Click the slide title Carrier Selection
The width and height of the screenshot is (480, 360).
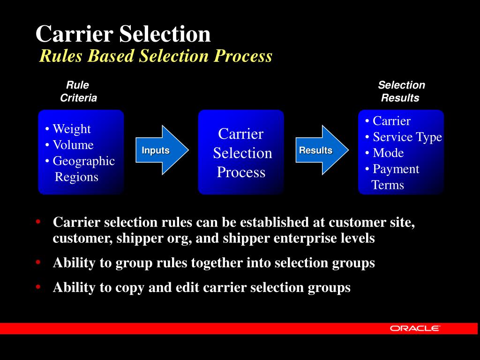(123, 34)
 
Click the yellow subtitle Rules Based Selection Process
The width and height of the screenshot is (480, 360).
(156, 56)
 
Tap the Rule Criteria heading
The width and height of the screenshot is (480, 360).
(78, 91)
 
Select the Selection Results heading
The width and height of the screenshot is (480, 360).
(401, 91)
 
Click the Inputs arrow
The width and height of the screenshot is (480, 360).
(159, 150)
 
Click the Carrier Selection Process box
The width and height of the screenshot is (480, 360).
(241, 152)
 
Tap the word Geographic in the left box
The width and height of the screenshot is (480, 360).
(83, 161)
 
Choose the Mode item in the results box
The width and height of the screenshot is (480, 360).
(388, 153)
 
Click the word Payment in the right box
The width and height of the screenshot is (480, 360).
(396, 169)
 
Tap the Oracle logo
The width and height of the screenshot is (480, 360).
(415, 329)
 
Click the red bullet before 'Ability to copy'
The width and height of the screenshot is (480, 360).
(38, 286)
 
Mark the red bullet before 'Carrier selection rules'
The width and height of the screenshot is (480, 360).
(38, 221)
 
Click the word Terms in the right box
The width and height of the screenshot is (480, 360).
(388, 185)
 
